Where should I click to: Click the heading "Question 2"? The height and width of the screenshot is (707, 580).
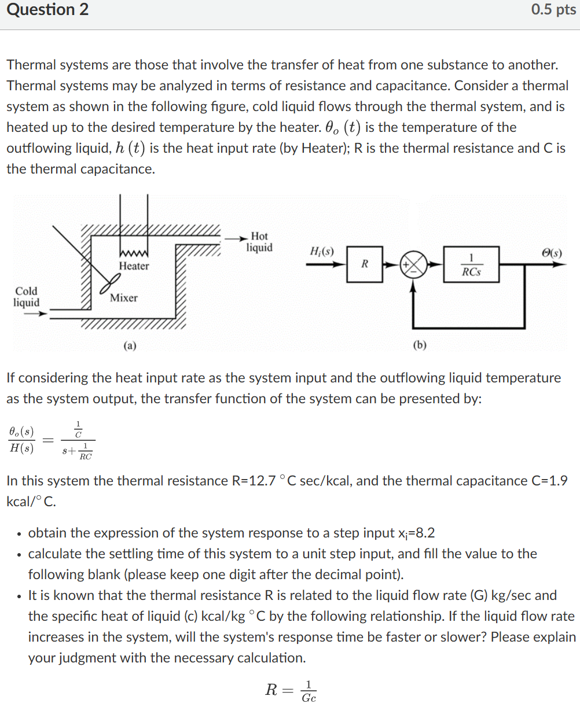pos(47,10)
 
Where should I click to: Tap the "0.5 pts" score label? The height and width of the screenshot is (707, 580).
pos(553,10)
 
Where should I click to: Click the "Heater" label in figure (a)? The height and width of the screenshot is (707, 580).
pos(134,266)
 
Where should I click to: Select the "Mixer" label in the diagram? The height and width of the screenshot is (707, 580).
pos(124,298)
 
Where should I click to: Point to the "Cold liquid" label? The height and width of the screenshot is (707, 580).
pos(27,297)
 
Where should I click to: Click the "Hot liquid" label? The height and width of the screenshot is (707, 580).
pos(259,242)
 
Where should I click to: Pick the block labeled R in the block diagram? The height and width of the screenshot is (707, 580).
pos(364,264)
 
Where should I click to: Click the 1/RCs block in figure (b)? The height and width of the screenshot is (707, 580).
pos(471,264)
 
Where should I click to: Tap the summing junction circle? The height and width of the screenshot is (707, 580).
pos(413,264)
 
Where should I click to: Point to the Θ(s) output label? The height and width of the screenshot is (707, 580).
pos(552,252)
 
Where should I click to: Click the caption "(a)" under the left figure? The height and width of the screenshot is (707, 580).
pos(130,345)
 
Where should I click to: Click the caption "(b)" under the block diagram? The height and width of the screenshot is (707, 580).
pos(420,345)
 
